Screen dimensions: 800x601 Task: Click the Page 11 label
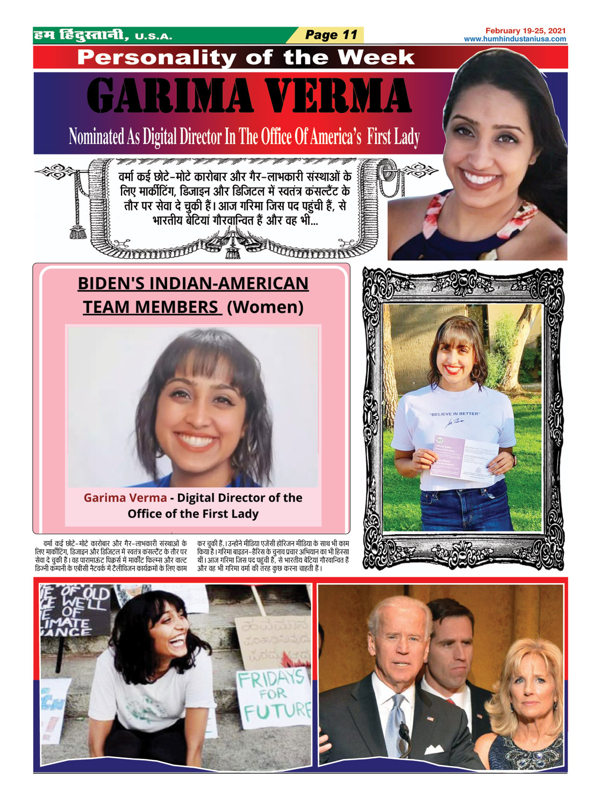331,35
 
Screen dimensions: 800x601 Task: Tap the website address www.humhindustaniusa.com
515,39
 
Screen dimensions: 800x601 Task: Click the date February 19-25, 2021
525,31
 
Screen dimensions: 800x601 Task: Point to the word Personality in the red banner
156,57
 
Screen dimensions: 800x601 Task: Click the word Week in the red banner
376,57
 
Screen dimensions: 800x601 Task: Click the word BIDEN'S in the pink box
111,283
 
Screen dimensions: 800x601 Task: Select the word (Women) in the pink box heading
265,307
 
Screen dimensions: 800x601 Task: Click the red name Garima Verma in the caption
125,498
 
